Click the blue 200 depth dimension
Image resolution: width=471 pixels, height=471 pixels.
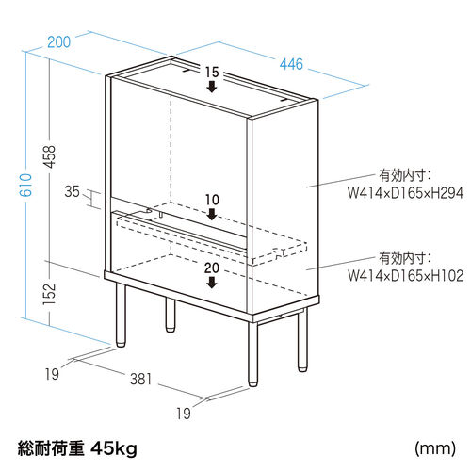coord(59,42)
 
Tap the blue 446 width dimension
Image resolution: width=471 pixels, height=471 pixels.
coord(291,64)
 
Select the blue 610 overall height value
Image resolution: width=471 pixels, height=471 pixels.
coord(25,185)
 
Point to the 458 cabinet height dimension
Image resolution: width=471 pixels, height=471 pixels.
coord(49,156)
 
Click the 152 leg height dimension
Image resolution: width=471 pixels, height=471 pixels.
coord(49,294)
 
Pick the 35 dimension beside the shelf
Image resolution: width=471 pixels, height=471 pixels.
coord(73,191)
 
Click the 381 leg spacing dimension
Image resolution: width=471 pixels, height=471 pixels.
coord(141,379)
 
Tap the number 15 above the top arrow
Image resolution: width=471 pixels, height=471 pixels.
coord(212,73)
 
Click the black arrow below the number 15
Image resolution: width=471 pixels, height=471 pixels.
coord(212,87)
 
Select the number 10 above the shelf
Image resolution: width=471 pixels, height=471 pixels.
coord(212,200)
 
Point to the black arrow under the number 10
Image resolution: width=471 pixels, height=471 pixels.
coord(212,215)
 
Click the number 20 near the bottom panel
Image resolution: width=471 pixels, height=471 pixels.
coord(212,268)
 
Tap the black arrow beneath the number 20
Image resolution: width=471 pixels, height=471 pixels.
coord(212,283)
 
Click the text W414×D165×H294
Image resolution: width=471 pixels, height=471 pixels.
coord(405,193)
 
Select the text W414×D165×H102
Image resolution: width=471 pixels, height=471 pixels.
coord(405,276)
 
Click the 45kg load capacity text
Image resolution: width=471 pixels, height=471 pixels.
coord(114,448)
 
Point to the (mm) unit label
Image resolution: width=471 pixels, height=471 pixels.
coord(435,448)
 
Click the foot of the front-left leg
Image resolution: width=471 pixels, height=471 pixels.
coord(121,343)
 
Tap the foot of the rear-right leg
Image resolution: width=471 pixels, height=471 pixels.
coord(302,367)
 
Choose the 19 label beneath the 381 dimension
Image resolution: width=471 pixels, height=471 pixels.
coord(184,414)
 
